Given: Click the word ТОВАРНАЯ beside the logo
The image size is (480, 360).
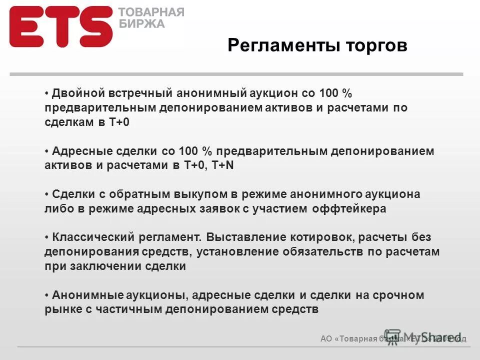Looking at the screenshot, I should point(151,12).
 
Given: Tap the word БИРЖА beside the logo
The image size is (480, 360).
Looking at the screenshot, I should point(141,23).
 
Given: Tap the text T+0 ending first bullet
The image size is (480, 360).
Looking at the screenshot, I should point(119,122).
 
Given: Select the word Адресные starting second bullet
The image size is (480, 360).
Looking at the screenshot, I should point(78,151).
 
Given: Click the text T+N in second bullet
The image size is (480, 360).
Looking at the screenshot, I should point(223,165).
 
